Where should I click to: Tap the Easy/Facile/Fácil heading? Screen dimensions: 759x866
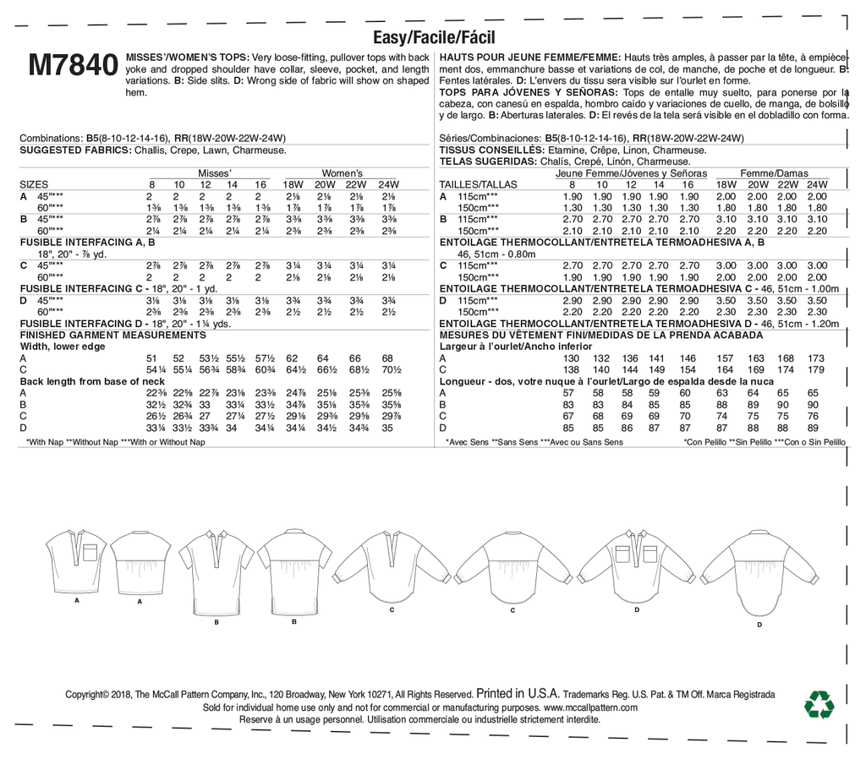434,37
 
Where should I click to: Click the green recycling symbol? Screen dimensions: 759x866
819,704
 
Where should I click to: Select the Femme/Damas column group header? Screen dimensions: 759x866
775,172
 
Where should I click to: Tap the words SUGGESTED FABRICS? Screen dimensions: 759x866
69,150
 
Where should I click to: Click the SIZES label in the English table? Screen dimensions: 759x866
34,184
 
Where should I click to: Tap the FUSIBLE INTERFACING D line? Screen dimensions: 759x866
124,324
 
